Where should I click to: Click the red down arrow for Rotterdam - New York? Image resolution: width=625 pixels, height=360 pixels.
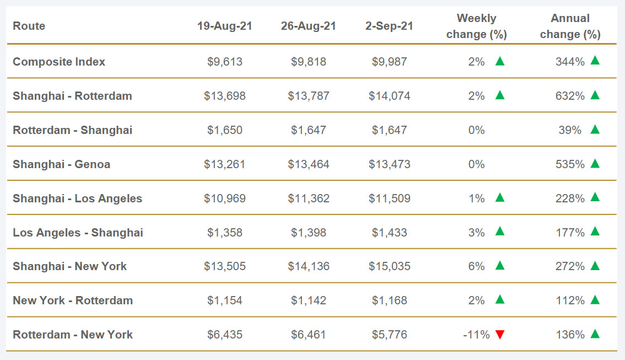coord(500,334)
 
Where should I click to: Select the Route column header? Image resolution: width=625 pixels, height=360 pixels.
coord(29,26)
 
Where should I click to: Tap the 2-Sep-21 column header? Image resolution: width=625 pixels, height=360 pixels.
coord(390,26)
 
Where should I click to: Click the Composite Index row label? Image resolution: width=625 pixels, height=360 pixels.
coord(59,62)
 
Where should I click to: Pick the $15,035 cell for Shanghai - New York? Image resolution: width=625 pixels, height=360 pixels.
coord(390,266)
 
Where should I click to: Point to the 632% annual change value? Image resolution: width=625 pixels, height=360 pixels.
coord(570,96)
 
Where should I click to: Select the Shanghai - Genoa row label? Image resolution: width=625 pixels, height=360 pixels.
coord(62,164)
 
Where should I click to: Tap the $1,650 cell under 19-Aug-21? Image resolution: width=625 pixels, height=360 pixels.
coord(225,130)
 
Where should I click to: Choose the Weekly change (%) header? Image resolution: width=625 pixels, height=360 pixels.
coord(477,26)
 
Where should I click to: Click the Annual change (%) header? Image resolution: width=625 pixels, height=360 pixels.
coord(570,26)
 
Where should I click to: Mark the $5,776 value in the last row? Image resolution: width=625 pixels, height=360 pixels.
coord(390,335)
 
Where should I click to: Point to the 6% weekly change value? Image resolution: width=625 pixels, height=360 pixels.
coord(477,266)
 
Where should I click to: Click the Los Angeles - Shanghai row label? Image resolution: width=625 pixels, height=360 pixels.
coord(78,233)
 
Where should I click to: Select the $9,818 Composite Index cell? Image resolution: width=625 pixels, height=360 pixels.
coord(309,62)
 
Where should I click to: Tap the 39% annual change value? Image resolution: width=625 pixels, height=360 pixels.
coord(573,130)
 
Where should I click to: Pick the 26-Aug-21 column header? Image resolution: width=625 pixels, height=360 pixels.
coord(309,26)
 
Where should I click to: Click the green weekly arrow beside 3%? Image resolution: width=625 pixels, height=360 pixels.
coord(500,232)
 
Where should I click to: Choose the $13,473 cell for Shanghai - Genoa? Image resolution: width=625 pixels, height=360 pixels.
coord(390,164)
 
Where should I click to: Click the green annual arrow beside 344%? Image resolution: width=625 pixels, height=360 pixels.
coord(595,61)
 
